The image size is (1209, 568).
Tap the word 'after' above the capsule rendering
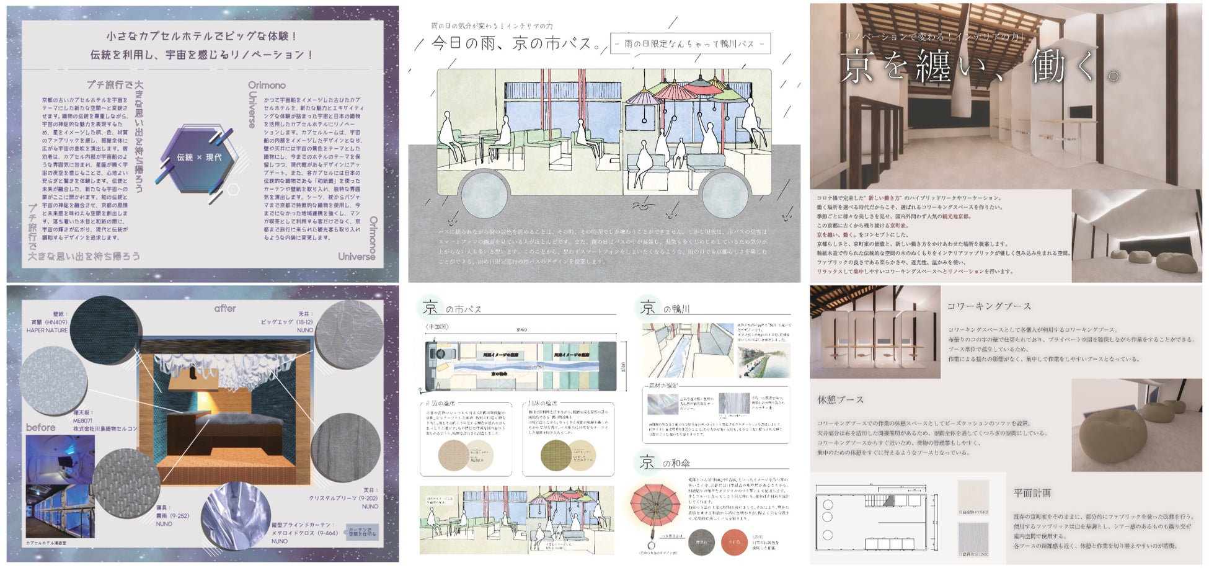pos(225,308)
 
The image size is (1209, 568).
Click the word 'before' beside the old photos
pos(41,427)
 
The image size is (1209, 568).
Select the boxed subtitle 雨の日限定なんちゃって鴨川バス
pos(690,43)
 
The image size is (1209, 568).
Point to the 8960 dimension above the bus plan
pos(521,330)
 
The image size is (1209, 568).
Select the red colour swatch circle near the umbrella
pos(734,542)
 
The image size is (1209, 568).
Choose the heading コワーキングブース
pos(989,306)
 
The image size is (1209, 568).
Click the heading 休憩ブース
pos(840,400)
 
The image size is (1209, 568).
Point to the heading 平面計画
pos(1032,493)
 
